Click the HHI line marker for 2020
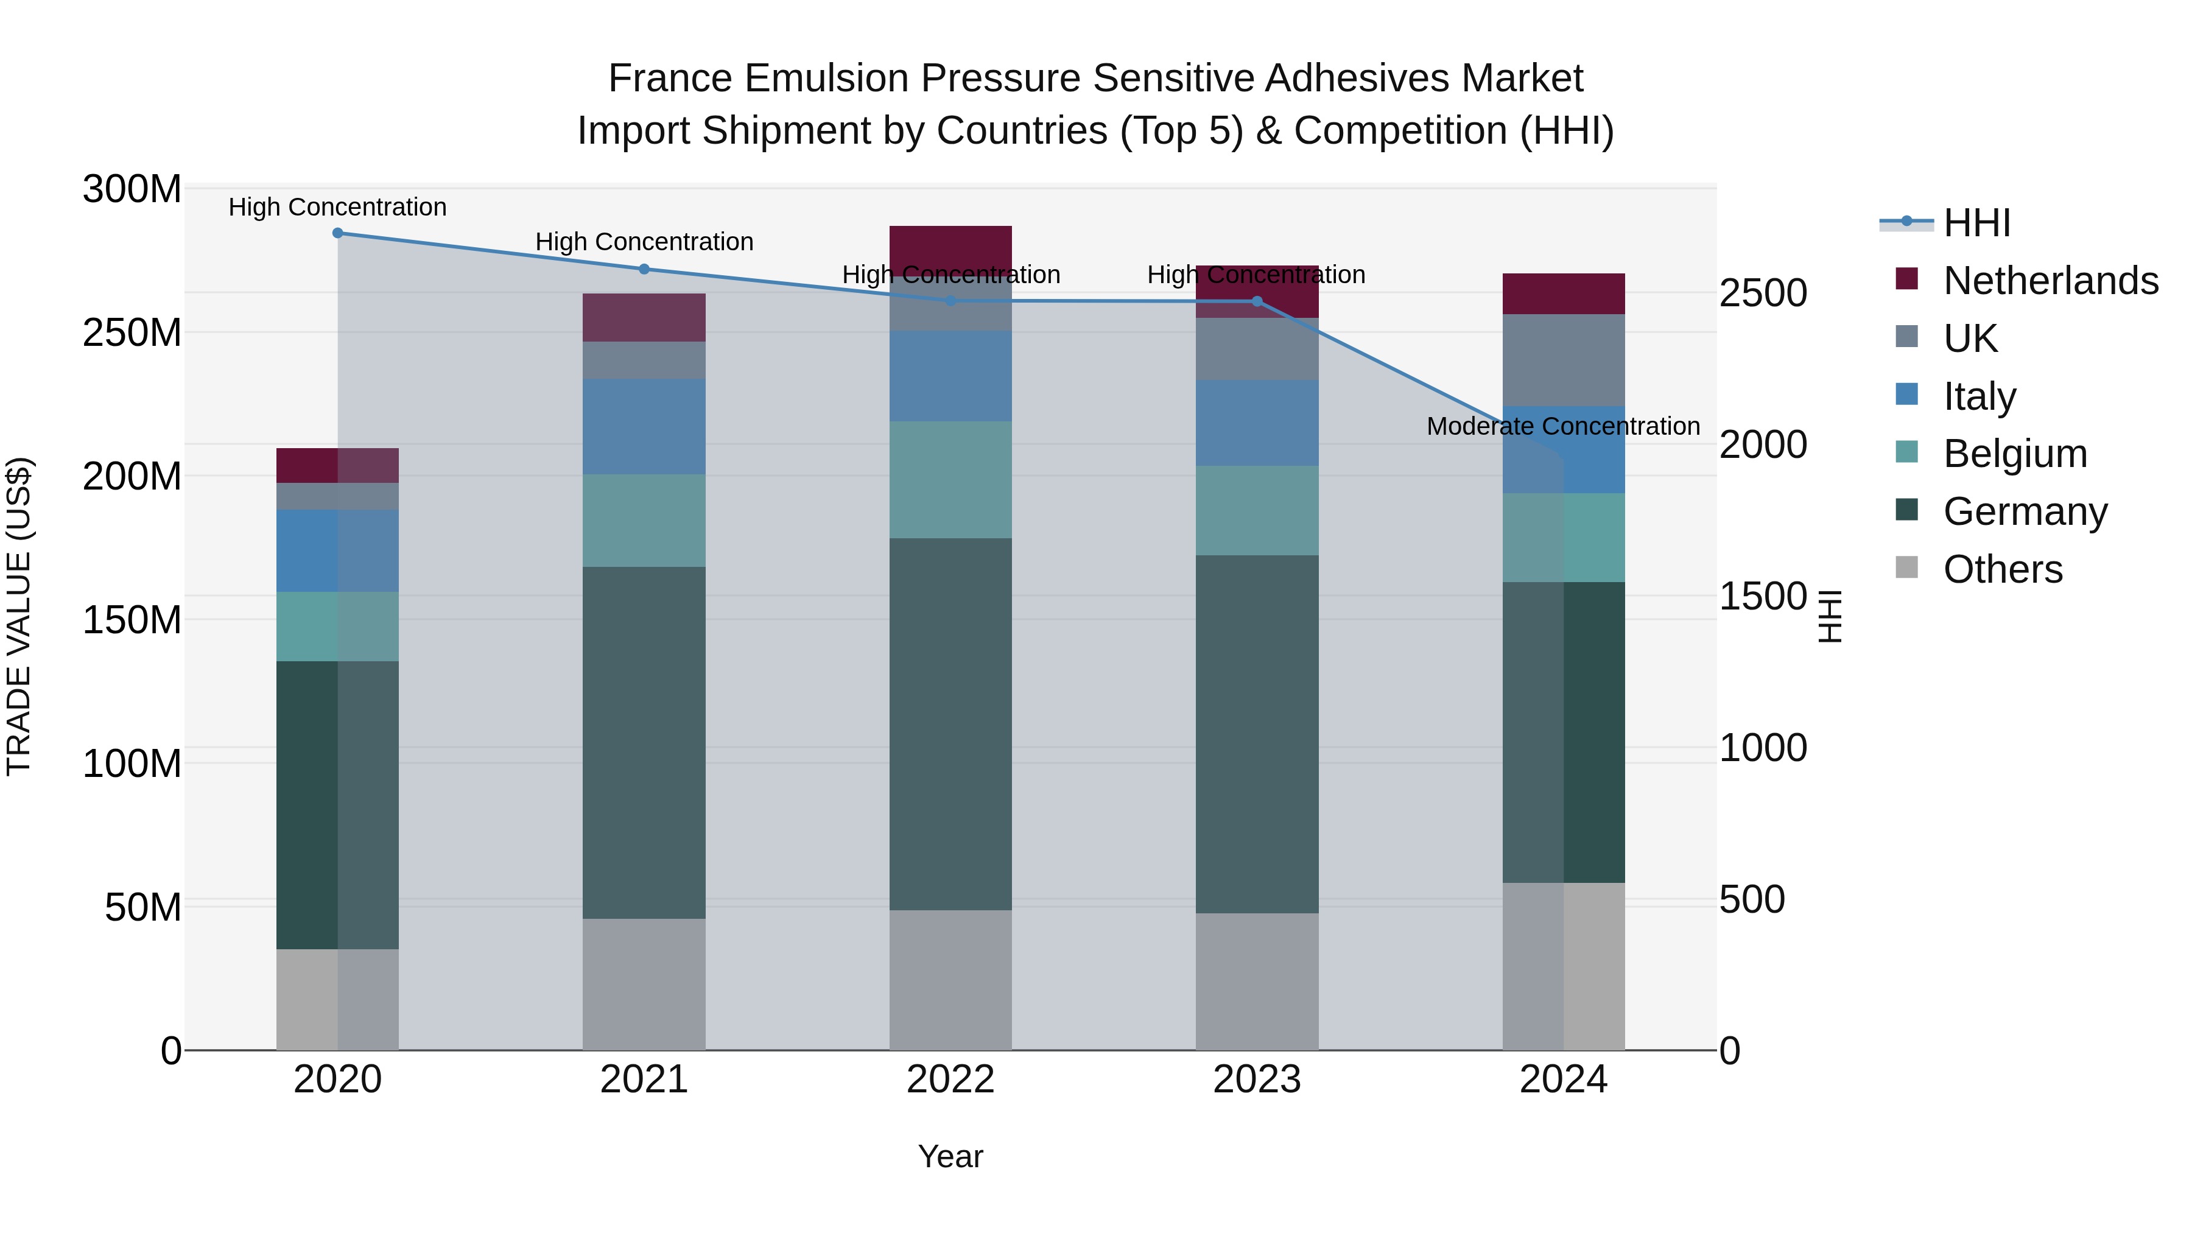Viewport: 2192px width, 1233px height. click(338, 233)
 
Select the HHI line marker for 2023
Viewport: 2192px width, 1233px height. click(1257, 301)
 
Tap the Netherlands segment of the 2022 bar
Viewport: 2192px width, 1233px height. click(950, 249)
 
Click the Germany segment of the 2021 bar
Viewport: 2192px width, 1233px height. click(644, 742)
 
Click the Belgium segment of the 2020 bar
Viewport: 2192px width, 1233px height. click(338, 627)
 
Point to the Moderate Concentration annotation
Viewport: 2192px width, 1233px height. click(1563, 426)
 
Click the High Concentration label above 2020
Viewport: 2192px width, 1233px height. click(338, 208)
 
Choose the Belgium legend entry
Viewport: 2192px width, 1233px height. click(2014, 454)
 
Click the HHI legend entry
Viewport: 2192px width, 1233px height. click(1976, 223)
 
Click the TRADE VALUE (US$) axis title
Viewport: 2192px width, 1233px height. click(19, 617)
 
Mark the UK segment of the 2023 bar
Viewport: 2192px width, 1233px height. click(1257, 349)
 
